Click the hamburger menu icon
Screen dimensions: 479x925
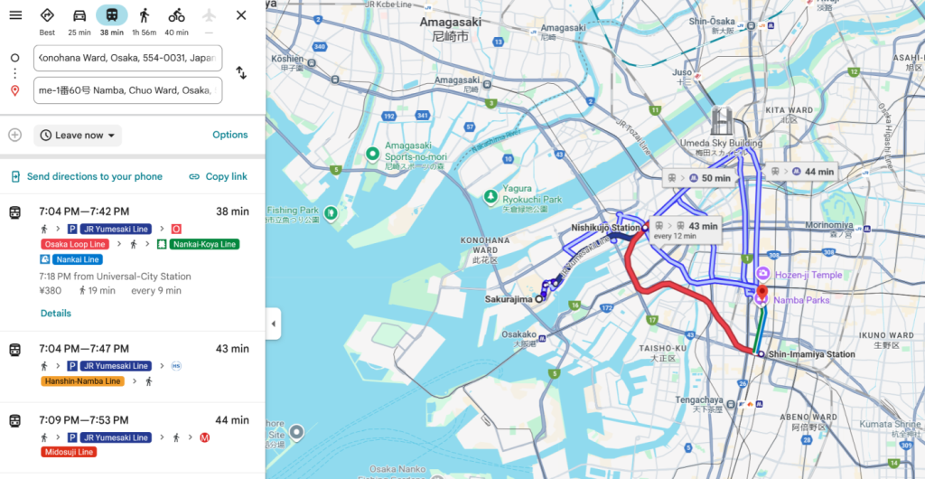coord(15,15)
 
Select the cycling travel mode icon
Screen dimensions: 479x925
coord(176,15)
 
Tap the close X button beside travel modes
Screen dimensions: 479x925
coord(241,15)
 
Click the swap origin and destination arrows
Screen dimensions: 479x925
coord(241,72)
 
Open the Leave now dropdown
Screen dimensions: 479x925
coord(78,136)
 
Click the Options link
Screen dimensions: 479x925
coord(229,135)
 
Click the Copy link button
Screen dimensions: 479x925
coord(218,176)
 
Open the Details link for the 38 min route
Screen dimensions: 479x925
coord(55,314)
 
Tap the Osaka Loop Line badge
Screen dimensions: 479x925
coord(74,244)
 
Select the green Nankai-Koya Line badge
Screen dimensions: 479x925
coord(203,244)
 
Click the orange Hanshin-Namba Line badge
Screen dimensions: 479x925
coord(82,381)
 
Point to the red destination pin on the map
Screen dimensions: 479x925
coord(761,293)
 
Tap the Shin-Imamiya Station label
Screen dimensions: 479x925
coord(810,354)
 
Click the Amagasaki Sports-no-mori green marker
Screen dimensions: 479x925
coord(371,154)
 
